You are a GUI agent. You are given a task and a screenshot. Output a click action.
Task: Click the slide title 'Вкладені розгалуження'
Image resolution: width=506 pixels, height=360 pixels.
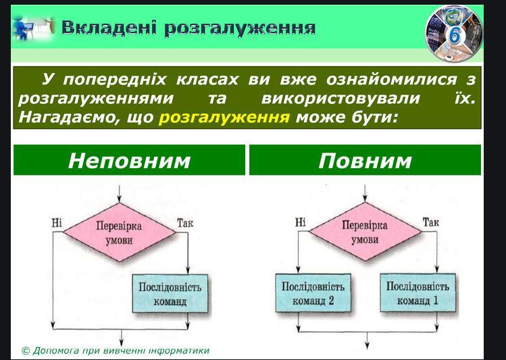pos(188,27)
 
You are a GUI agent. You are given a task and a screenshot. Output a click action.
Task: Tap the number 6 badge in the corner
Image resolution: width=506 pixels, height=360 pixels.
pos(454,33)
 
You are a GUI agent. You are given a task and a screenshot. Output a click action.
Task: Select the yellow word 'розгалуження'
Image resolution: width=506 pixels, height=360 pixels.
pos(224,117)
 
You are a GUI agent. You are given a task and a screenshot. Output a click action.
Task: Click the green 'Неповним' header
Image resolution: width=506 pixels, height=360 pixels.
pos(129,160)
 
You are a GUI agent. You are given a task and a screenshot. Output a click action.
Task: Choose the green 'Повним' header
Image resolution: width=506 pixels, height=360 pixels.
pos(365,160)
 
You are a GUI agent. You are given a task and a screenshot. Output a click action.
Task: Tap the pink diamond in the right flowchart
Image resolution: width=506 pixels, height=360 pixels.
pos(365,232)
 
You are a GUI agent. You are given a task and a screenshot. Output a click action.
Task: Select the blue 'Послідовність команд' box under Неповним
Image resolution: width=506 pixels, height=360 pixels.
pos(170,294)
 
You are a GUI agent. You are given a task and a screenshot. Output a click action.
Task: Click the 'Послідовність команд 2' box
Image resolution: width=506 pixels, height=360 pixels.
pos(313,294)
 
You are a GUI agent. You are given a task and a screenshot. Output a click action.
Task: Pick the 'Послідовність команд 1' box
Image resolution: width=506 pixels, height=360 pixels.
pos(418,294)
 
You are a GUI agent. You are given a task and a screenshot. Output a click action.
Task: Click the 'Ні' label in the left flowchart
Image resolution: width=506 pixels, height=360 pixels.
pos(56,222)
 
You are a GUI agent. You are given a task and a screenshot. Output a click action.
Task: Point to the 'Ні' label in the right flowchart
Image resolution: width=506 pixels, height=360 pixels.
pos(301,222)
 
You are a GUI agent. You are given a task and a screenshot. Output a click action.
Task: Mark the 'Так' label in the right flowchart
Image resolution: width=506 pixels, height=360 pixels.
pos(430,222)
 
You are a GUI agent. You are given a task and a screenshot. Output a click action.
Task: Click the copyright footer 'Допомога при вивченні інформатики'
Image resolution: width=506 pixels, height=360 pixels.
pos(116,351)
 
